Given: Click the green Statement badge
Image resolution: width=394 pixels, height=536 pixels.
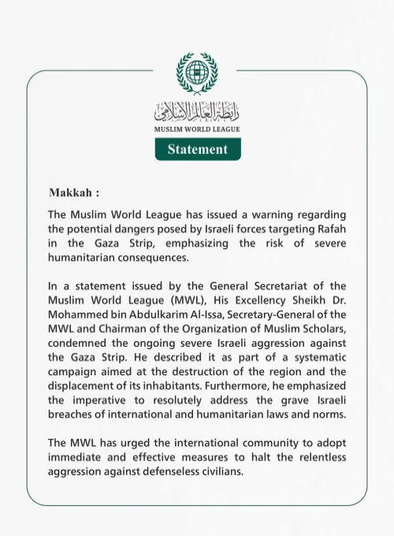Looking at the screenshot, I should click(x=197, y=148).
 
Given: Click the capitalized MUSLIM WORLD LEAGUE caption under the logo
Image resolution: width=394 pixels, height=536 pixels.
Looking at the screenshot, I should click(x=197, y=128).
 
